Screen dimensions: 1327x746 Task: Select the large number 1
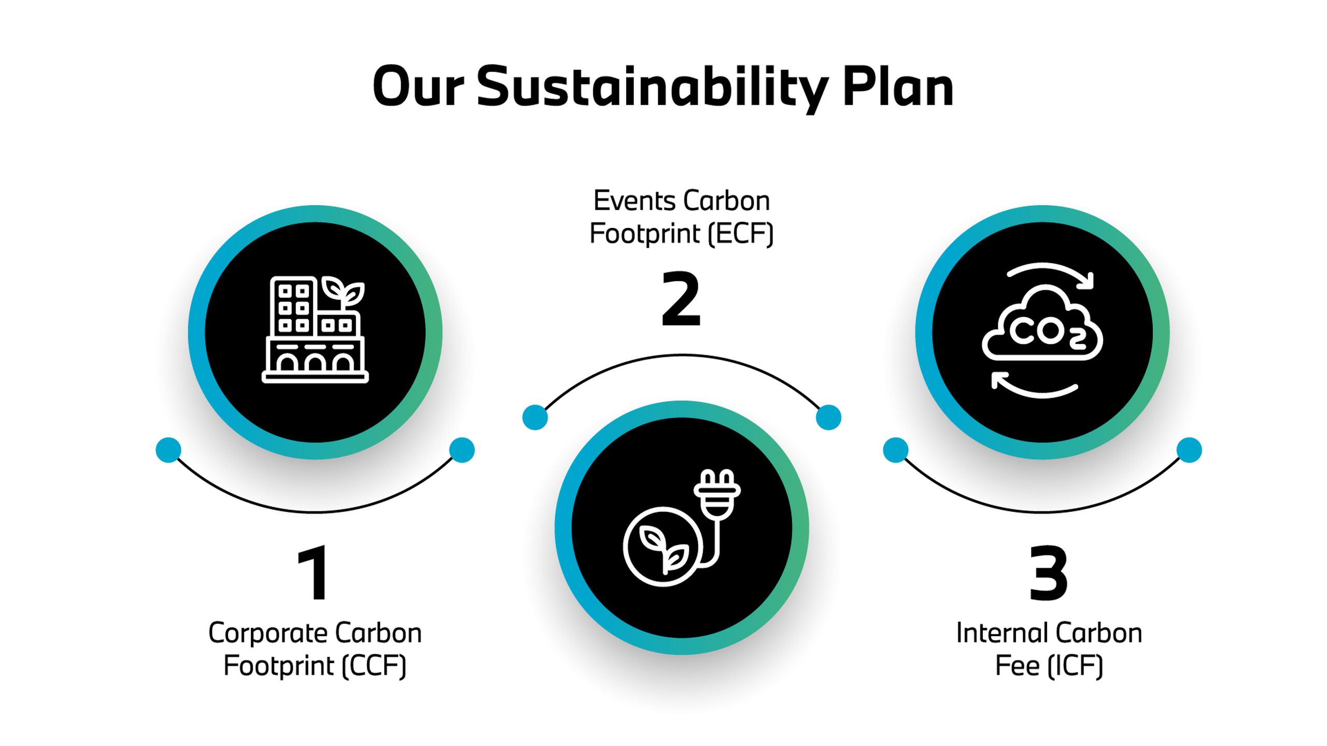pyautogui.click(x=313, y=573)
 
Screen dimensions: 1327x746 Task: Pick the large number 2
pyautogui.click(x=681, y=299)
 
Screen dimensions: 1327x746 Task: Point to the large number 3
pyautogui.click(x=1048, y=573)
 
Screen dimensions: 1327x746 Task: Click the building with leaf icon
pyautogui.click(x=315, y=329)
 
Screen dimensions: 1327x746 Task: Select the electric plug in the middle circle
pyautogui.click(x=717, y=493)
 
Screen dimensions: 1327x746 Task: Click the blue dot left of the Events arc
pyautogui.click(x=535, y=418)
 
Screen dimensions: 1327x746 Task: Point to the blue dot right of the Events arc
pyautogui.click(x=828, y=418)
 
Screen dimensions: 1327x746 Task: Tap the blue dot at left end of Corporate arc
pyautogui.click(x=168, y=450)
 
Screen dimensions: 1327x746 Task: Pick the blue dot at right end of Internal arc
pyautogui.click(x=1189, y=450)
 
